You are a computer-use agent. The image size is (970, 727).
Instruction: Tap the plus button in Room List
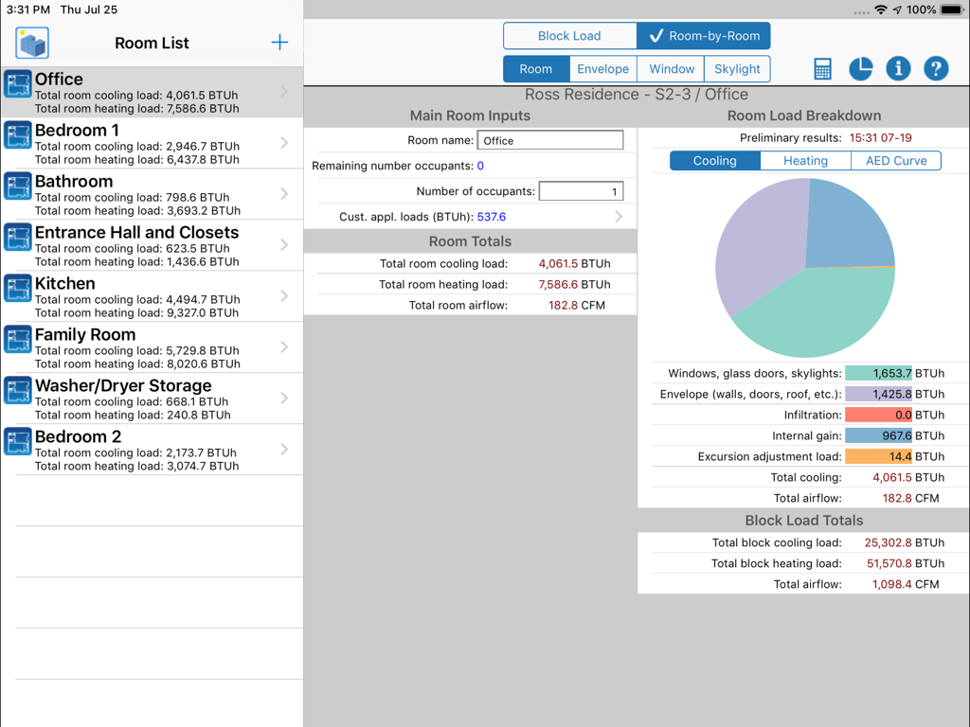pyautogui.click(x=279, y=43)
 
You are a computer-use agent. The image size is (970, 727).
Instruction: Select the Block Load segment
pyautogui.click(x=569, y=36)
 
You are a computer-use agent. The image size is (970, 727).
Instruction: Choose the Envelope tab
pyautogui.click(x=603, y=69)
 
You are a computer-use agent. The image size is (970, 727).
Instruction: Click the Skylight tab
pyautogui.click(x=737, y=69)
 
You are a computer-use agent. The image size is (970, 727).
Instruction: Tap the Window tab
pyautogui.click(x=672, y=69)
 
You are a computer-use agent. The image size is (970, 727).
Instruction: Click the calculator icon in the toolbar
pyautogui.click(x=822, y=69)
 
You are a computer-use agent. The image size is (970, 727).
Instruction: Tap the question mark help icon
pyautogui.click(x=936, y=69)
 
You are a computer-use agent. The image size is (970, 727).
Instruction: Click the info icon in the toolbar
pyautogui.click(x=898, y=69)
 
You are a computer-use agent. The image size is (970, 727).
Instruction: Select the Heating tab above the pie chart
pyautogui.click(x=805, y=161)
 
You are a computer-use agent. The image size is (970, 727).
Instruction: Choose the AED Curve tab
pyautogui.click(x=896, y=161)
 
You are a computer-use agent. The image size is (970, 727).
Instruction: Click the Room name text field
pyautogui.click(x=550, y=140)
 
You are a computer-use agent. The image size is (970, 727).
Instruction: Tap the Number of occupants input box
pyautogui.click(x=581, y=191)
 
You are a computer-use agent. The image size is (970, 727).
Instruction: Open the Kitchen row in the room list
pyautogui.click(x=152, y=296)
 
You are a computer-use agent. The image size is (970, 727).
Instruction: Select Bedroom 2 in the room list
pyautogui.click(x=152, y=450)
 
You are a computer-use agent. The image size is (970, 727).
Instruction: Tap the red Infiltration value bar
pyautogui.click(x=878, y=415)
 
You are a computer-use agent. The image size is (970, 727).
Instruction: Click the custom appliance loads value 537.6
pyautogui.click(x=492, y=217)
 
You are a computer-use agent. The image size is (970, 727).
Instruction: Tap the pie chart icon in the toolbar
pyautogui.click(x=860, y=69)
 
